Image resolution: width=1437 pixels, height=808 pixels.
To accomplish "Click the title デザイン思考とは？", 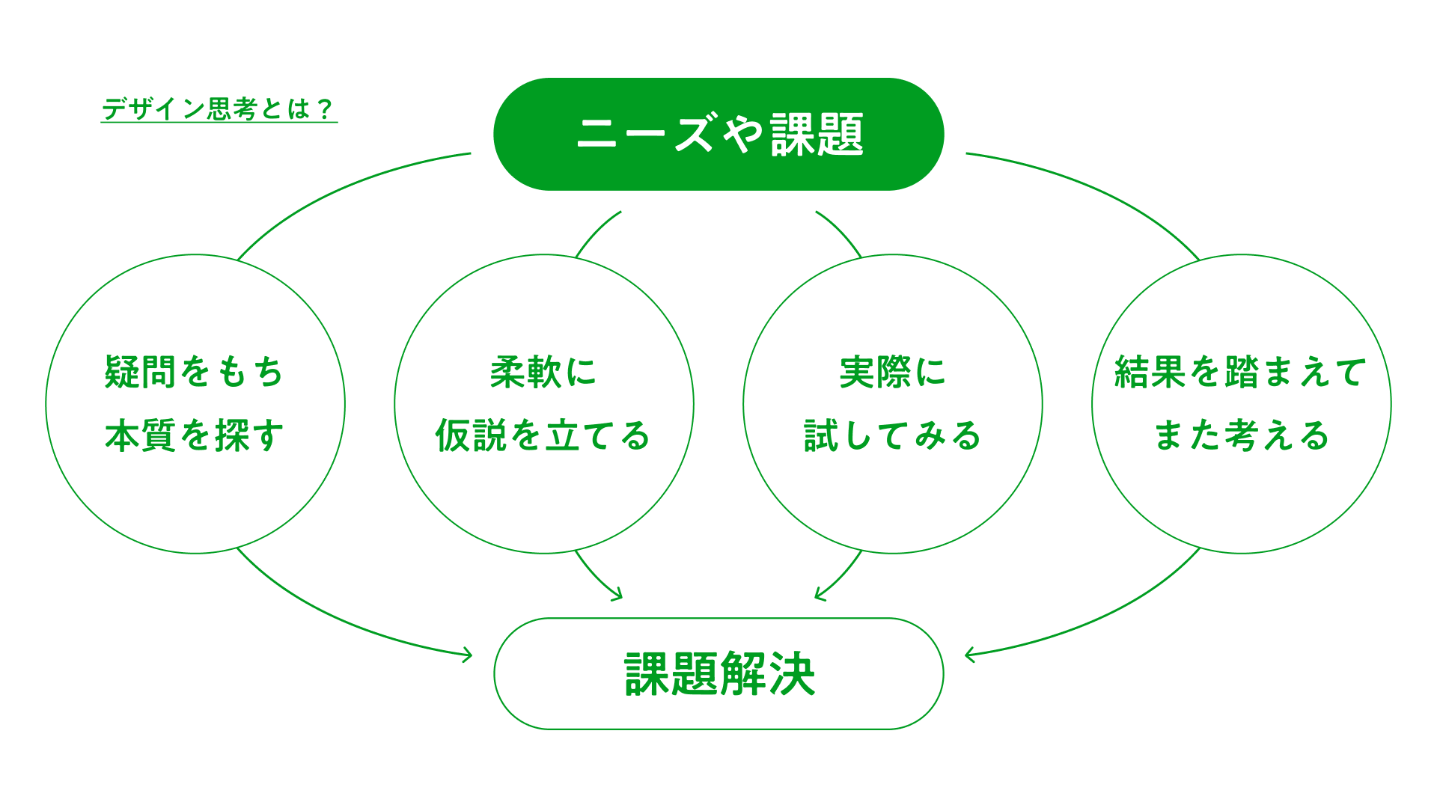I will pyautogui.click(x=219, y=109).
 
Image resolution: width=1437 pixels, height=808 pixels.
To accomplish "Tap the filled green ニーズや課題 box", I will pyautogui.click(x=718, y=134).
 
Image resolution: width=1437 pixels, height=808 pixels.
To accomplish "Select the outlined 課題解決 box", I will pyautogui.click(x=718, y=673).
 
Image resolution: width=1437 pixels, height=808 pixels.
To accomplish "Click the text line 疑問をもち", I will pyautogui.click(x=195, y=372).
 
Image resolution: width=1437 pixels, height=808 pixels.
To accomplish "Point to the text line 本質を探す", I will pyautogui.click(x=195, y=435).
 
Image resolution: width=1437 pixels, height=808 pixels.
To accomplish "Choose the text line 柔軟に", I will pyautogui.click(x=543, y=372).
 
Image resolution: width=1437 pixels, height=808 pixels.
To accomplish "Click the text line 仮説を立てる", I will pyautogui.click(x=543, y=435).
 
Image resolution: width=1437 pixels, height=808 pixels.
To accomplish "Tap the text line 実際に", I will pyautogui.click(x=892, y=372).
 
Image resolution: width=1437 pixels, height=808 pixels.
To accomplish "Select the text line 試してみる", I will pyautogui.click(x=892, y=435).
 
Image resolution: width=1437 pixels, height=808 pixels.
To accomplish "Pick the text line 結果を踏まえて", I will pyautogui.click(x=1241, y=372).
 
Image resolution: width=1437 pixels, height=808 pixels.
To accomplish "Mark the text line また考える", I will pyautogui.click(x=1241, y=435).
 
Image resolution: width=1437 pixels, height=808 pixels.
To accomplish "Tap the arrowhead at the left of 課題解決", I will pyautogui.click(x=469, y=655).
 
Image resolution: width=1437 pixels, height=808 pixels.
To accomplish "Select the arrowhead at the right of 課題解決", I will pyautogui.click(x=968, y=655).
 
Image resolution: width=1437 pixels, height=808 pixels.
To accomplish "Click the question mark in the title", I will pyautogui.click(x=324, y=109).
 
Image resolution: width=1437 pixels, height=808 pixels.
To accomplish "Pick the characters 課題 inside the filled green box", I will pyautogui.click(x=817, y=135).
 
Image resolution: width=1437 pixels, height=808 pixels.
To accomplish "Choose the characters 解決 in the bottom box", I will pyautogui.click(x=767, y=673).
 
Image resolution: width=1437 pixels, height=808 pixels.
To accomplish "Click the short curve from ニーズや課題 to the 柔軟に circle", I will pyautogui.click(x=596, y=231).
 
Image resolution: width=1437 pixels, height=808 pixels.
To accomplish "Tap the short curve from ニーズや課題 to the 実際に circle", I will pyautogui.click(x=841, y=231).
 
